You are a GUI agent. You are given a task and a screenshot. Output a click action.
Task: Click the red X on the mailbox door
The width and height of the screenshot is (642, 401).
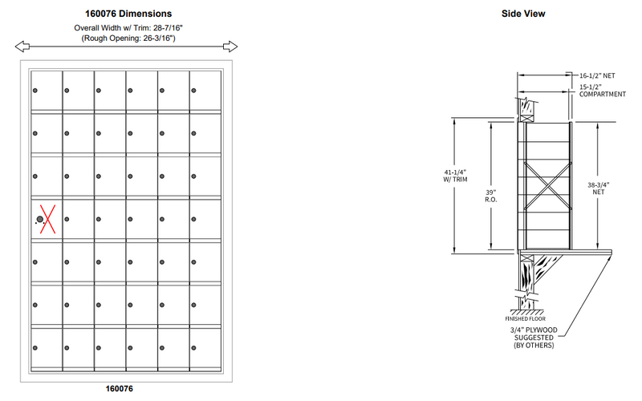47,219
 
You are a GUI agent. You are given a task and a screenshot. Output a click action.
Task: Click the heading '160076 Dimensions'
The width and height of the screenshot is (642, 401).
128,14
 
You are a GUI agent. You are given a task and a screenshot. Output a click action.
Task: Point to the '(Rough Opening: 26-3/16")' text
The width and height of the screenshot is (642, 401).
128,38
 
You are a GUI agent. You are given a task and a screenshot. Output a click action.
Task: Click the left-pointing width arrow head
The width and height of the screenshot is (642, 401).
22,46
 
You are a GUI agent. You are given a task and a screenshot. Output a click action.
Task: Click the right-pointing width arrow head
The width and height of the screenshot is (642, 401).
232,46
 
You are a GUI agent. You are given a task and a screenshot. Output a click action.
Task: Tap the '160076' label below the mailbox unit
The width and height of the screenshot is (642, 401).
124,390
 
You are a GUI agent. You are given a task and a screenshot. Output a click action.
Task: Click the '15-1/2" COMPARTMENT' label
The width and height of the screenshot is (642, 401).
603,90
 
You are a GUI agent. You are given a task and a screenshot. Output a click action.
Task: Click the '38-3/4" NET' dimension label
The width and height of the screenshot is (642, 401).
599,188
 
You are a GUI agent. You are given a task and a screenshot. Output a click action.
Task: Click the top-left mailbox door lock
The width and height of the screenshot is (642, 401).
35,90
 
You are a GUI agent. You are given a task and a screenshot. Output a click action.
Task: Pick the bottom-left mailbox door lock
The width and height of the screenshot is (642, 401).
35,347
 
